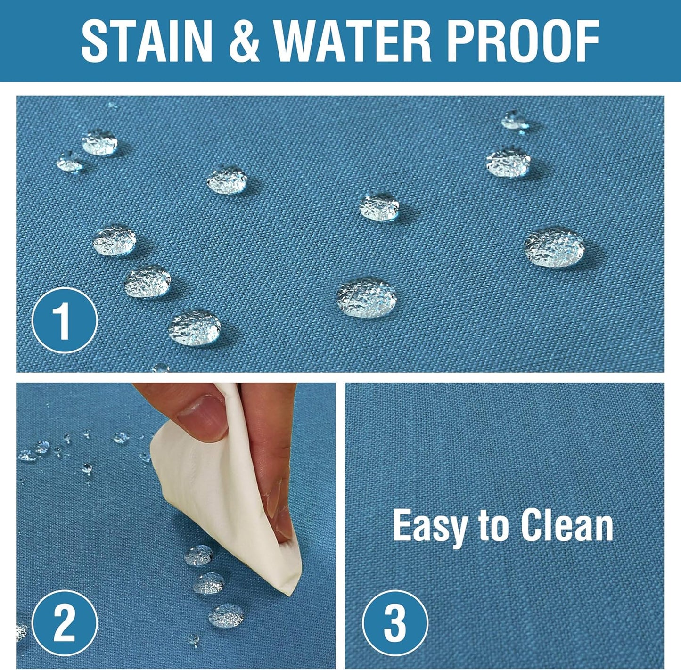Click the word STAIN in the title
click(147, 41)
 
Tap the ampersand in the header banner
click(244, 41)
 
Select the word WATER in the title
click(353, 41)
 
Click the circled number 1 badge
click(65, 320)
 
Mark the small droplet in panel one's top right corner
click(515, 120)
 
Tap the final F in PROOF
click(586, 41)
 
